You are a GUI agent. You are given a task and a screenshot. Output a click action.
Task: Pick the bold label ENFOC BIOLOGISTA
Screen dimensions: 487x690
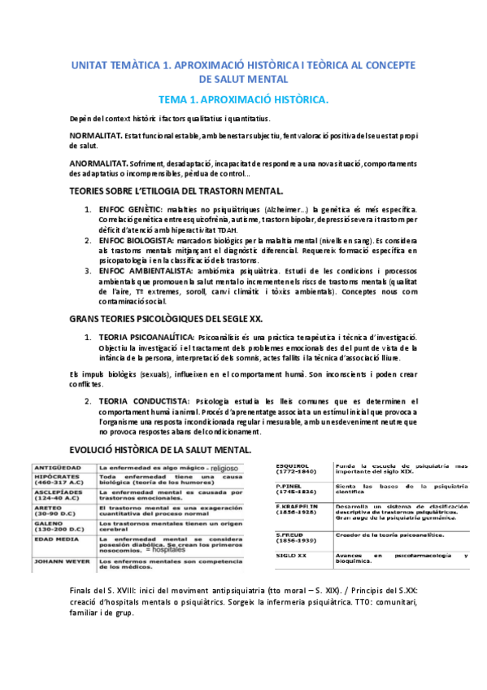(136, 242)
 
